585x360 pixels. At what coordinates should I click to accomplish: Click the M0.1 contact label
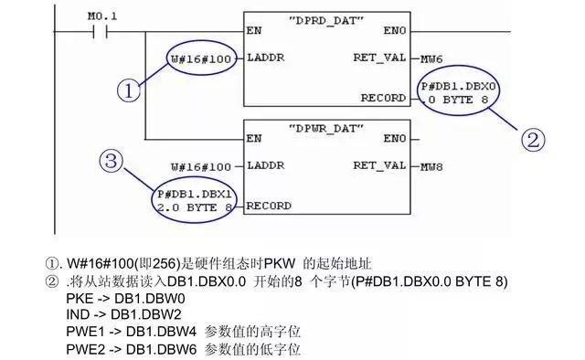click(x=102, y=15)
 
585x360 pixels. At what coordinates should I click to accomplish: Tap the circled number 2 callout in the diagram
click(x=535, y=140)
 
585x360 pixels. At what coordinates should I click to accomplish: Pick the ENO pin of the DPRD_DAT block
click(x=395, y=30)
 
